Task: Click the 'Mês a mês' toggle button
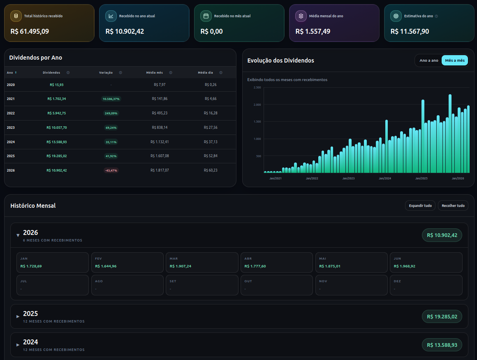coord(454,60)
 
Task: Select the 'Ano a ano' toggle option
coord(428,60)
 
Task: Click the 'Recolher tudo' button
coord(453,206)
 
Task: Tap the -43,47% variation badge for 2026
coord(111,170)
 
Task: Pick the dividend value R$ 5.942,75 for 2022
coord(57,113)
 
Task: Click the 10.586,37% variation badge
coord(111,99)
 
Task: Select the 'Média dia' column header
coord(205,72)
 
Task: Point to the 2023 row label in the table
coord(11,128)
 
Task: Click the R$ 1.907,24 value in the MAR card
coord(181,266)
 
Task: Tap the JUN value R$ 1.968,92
coord(404,266)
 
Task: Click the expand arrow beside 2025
coord(18,316)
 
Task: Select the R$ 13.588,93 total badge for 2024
coord(442,345)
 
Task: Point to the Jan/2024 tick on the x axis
coord(385,178)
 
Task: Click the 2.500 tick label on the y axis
coord(257,87)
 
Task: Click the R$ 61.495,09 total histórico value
coord(30,31)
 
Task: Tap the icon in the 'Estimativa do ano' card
coord(396,16)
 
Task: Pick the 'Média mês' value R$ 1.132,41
coord(160,142)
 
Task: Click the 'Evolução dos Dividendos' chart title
coord(280,60)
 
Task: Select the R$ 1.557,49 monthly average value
coord(313,31)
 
